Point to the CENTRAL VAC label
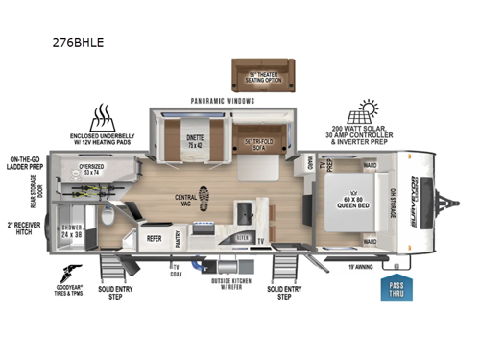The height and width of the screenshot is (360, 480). pyautogui.click(x=186, y=203)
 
